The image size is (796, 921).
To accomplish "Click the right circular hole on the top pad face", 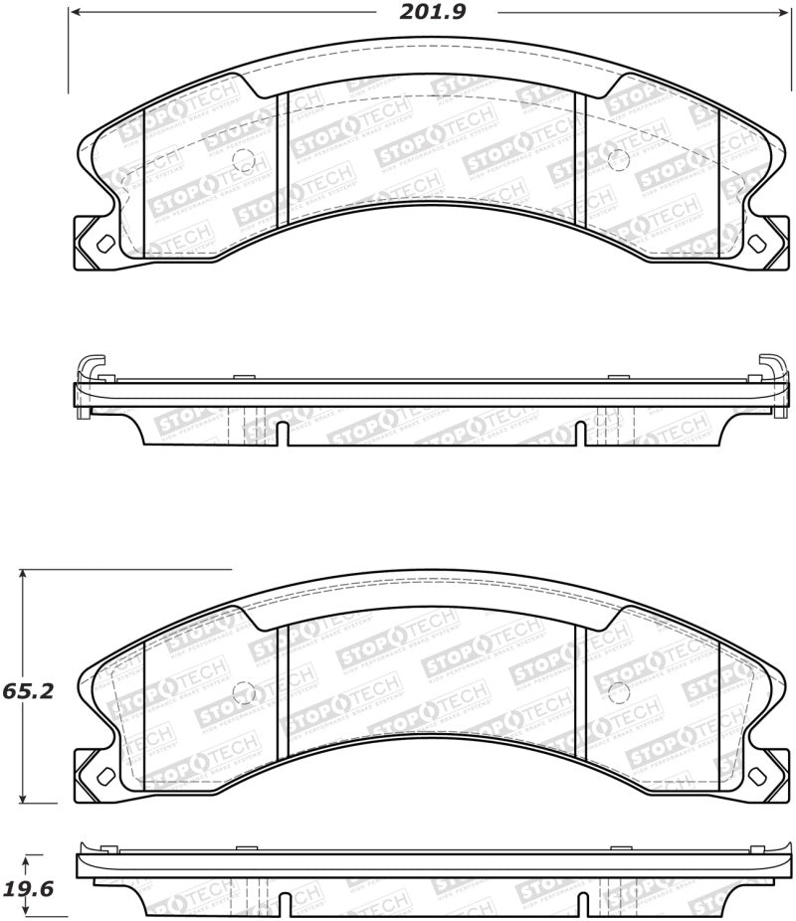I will [x=615, y=155].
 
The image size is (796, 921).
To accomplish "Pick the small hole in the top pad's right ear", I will [x=756, y=243].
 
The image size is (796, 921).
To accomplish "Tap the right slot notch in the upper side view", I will [x=579, y=433].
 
